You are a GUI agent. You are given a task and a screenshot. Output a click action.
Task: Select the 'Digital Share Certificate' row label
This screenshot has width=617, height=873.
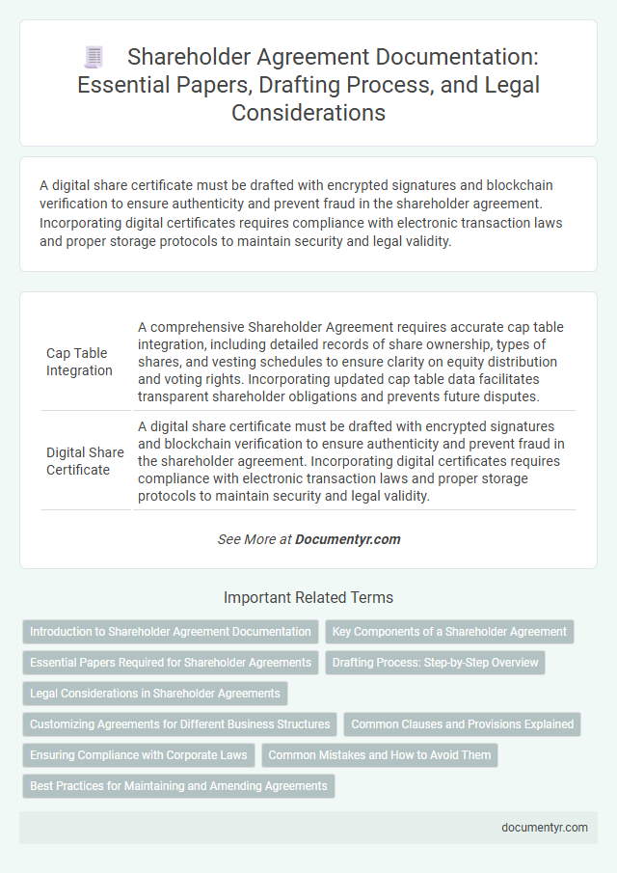coord(84,461)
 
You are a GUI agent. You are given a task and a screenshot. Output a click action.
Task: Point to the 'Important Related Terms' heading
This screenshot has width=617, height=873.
coord(308,597)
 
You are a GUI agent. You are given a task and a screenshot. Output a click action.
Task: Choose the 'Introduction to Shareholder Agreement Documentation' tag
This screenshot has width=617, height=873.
coord(171,632)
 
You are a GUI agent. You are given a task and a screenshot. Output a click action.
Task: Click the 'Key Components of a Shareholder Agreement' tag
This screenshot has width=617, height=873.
coord(449,632)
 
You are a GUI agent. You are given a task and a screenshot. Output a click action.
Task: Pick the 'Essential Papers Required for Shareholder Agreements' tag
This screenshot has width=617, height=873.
coord(171,663)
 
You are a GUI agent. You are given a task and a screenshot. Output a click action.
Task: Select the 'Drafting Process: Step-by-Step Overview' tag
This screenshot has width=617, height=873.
coord(436,663)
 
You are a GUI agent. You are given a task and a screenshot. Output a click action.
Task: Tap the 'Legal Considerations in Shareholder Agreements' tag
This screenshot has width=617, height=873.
coord(154,693)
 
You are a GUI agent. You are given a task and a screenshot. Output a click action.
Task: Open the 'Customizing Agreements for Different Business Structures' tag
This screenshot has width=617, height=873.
coord(178,723)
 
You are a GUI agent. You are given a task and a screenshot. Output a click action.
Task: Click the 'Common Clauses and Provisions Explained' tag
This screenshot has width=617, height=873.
coord(463,723)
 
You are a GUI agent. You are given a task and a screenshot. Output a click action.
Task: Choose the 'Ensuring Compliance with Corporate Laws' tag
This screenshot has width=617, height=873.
coord(138,754)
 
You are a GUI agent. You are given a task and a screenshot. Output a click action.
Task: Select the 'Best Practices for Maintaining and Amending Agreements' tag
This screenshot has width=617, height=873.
coord(178,785)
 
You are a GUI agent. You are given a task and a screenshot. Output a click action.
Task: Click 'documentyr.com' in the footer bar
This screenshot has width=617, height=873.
coord(544,827)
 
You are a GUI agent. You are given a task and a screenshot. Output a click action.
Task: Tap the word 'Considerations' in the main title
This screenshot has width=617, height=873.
coord(308,112)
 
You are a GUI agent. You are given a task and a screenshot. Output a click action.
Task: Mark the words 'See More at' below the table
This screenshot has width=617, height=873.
coord(254,539)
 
